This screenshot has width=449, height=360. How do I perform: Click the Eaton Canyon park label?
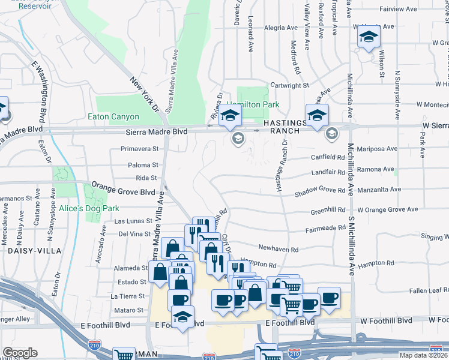(x=113, y=117)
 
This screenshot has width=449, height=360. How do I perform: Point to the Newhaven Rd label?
(x=278, y=248)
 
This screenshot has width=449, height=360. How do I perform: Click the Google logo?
(x=20, y=353)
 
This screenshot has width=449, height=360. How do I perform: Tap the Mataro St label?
(x=131, y=310)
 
